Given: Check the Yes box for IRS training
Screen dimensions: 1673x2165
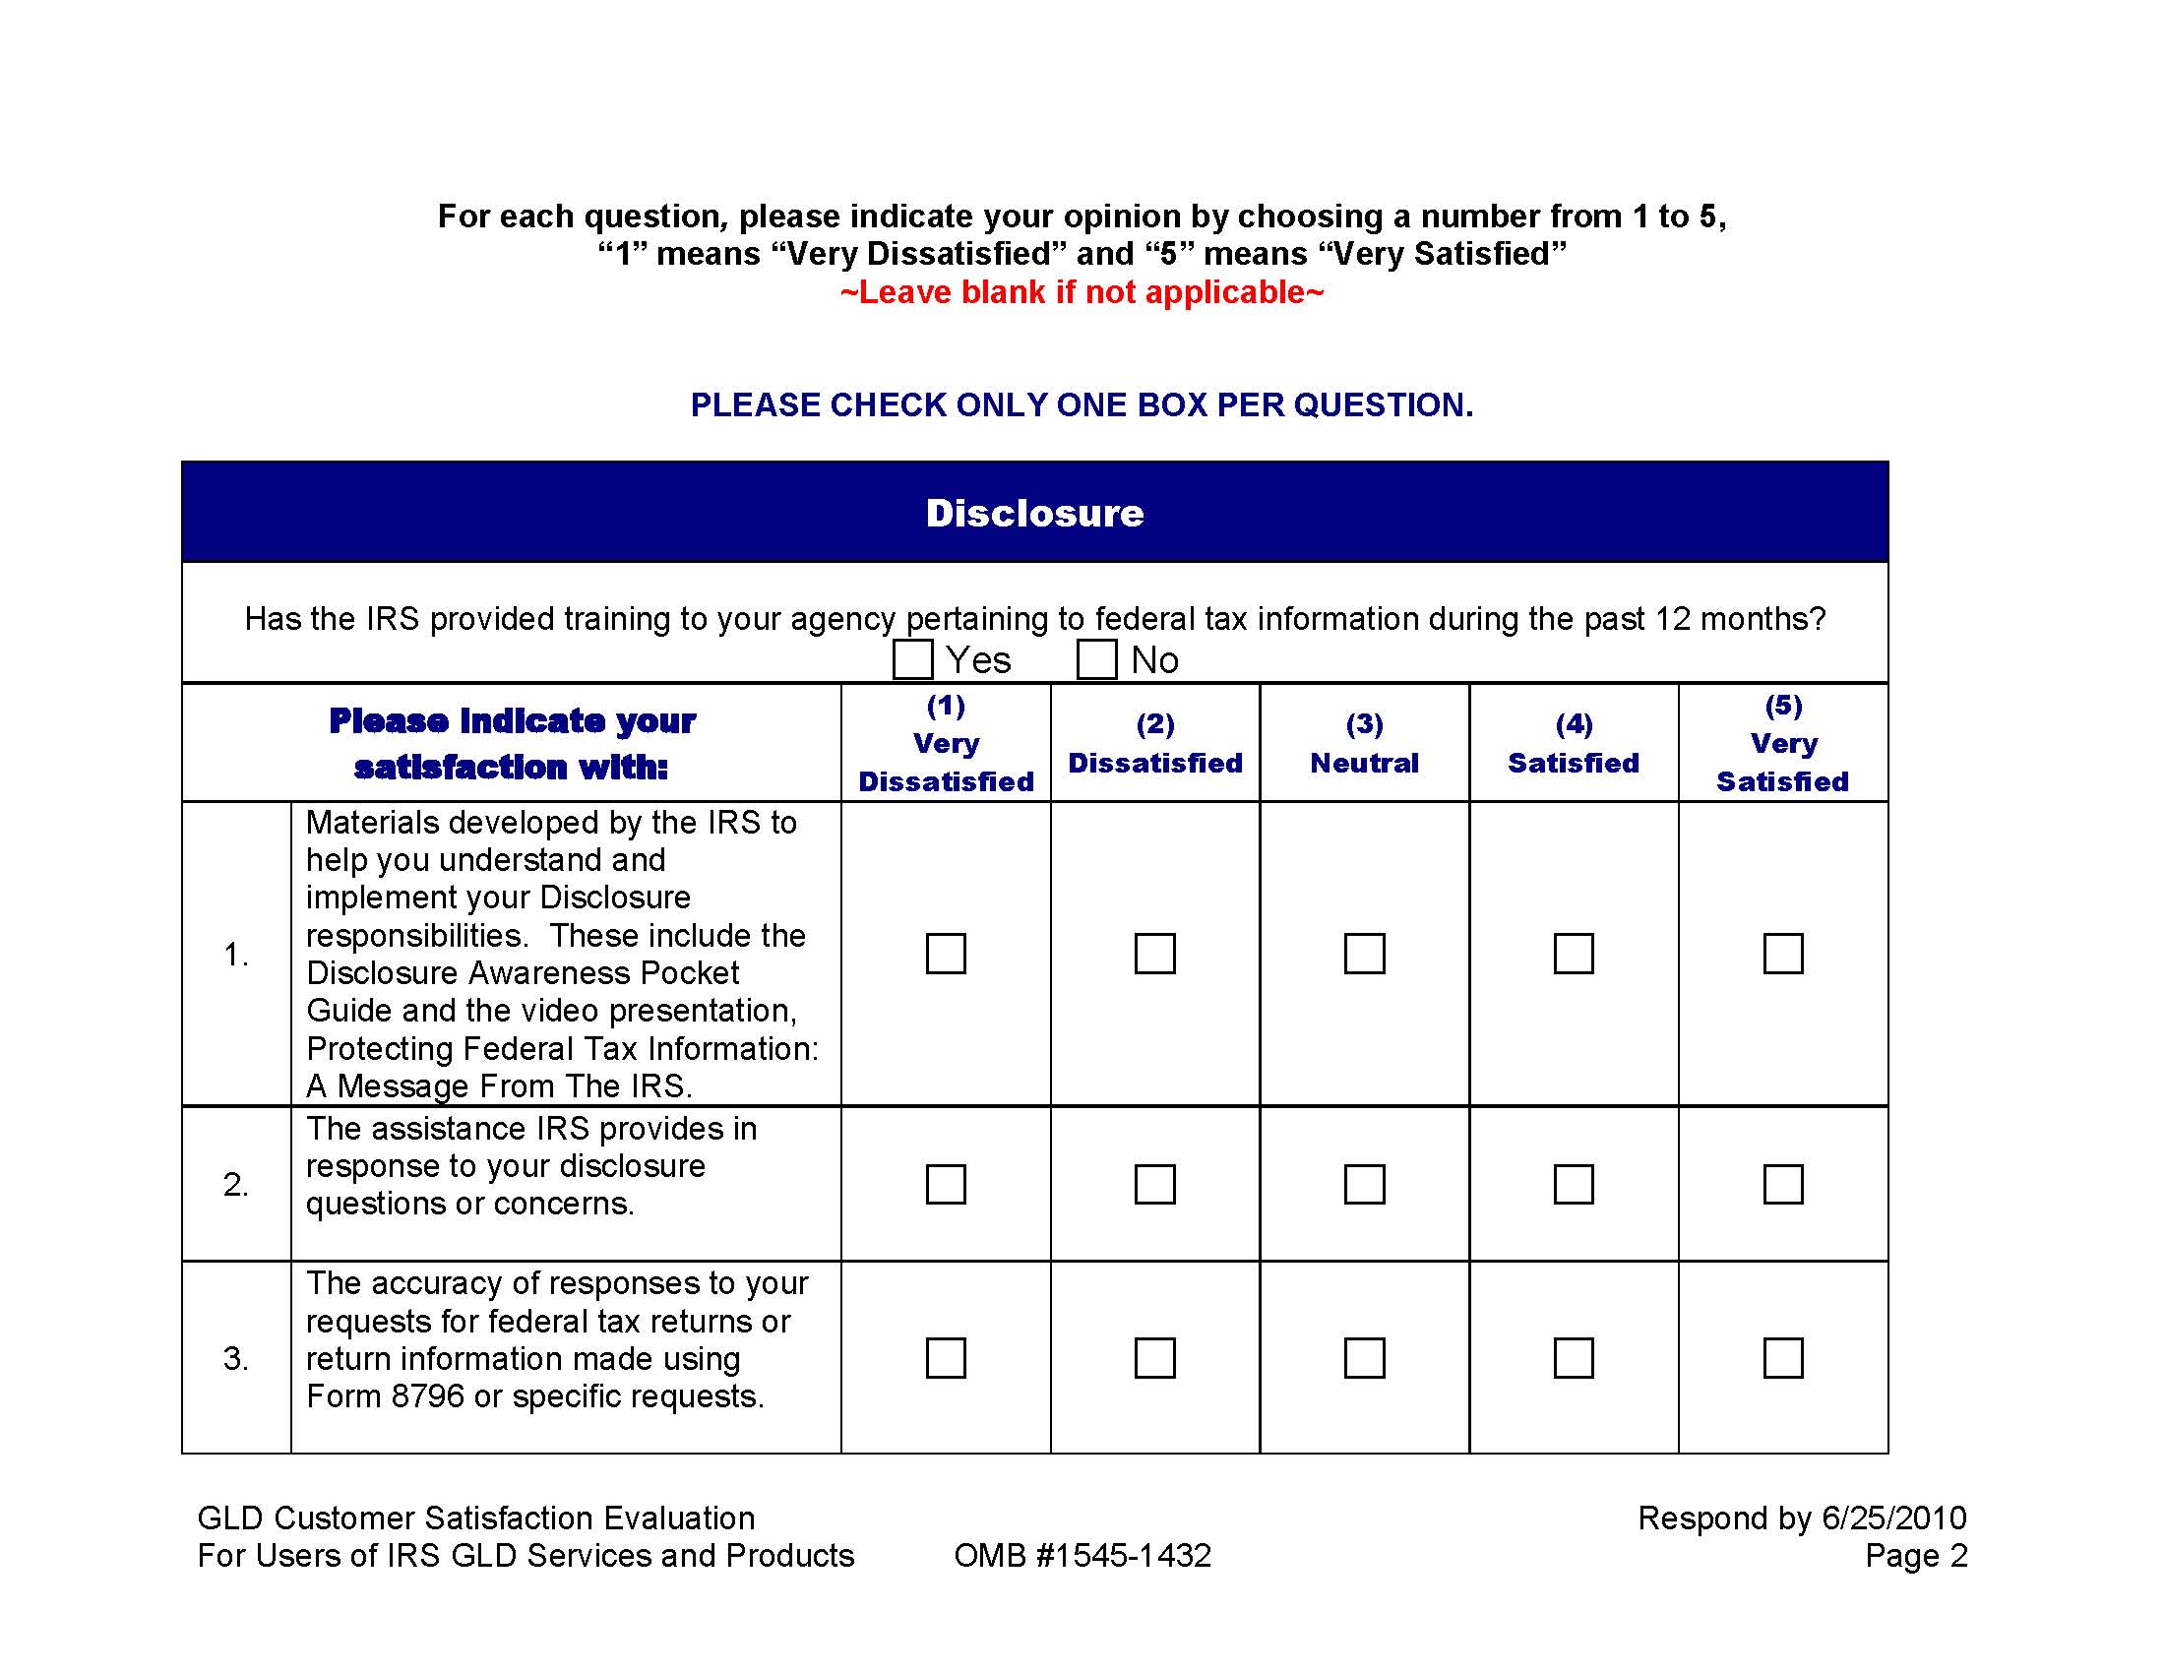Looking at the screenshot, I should pos(912,659).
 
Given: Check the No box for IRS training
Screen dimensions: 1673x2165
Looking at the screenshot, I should pos(1096,659).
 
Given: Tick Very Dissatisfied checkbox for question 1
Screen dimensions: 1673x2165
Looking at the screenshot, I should pos(946,954).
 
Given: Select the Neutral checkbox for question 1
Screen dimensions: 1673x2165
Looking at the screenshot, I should pos(1364,954).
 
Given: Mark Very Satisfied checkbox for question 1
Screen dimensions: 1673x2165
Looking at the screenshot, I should pos(1782,954).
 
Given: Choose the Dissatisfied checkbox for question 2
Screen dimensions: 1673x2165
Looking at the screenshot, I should pos(1155,1184).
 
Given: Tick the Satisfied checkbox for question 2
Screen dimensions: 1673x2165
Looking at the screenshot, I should pos(1574,1184).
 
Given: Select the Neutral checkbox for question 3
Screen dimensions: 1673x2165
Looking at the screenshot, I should pos(1364,1358).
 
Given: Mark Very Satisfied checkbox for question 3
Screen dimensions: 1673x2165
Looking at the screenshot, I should pos(1782,1358).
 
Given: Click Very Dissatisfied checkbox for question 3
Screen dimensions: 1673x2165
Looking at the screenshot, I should pos(946,1358).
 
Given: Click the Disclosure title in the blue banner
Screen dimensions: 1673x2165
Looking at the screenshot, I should pos(1034,514).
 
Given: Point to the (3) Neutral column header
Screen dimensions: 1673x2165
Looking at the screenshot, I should pos(1364,744).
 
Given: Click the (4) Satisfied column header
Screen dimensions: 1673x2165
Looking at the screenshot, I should pos(1574,744).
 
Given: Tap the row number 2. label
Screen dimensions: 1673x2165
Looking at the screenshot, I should pos(236,1184).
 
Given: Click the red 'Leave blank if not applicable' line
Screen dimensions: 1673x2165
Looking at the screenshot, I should pos(1082,292).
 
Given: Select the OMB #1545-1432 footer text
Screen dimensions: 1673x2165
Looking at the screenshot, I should pos(1082,1556).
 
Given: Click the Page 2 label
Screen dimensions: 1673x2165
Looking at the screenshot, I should pos(1915,1556).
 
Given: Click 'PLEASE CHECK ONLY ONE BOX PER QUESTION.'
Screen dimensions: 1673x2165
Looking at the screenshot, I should pos(1082,405).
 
